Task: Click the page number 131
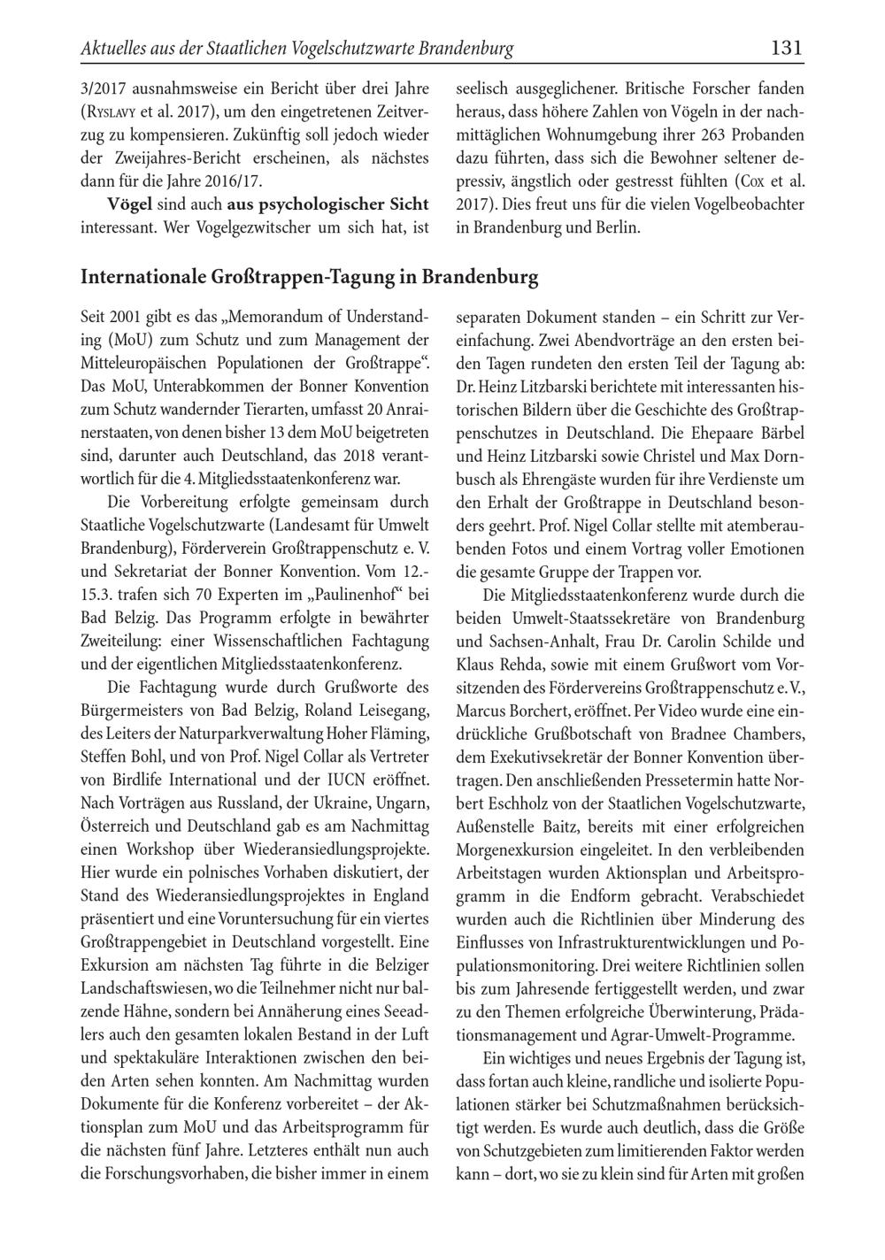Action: [x=786, y=48]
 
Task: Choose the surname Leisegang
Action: [x=389, y=710]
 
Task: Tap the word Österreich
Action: [x=114, y=826]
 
